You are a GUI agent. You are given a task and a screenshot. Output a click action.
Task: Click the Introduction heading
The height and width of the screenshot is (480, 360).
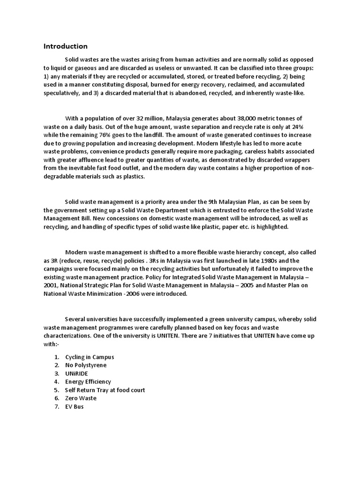pos(66,46)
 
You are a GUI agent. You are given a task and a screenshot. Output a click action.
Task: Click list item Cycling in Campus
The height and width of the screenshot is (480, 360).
pos(90,357)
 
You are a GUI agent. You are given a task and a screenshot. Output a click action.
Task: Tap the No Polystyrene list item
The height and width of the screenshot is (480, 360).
pos(86,365)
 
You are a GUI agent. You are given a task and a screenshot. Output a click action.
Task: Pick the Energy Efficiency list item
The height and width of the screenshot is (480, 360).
pos(88,382)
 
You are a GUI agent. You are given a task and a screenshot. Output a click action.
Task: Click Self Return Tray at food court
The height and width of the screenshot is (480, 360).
pos(105,390)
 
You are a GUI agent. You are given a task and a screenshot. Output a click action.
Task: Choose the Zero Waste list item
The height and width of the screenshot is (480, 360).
pos(81,398)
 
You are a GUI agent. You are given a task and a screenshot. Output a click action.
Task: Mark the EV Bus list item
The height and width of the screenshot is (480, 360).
pos(75,407)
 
